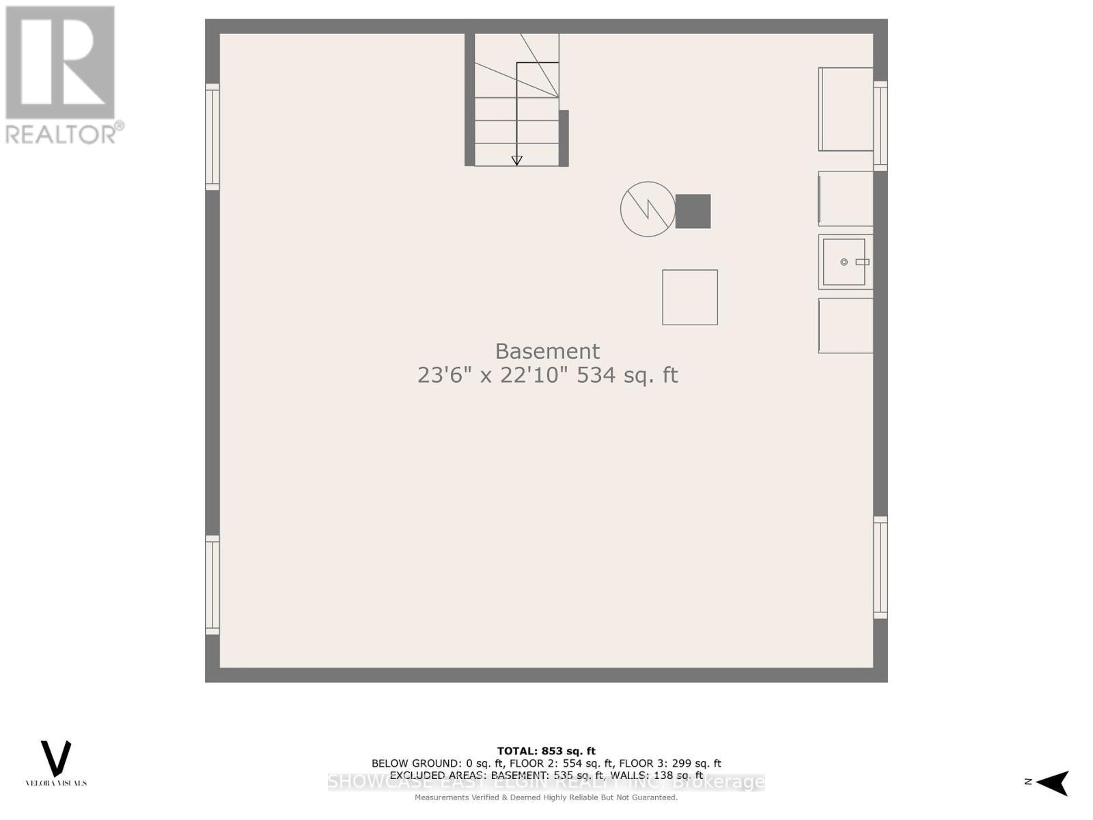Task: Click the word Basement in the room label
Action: click(x=547, y=351)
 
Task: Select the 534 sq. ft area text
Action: click(x=627, y=375)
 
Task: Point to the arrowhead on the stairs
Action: click(x=517, y=161)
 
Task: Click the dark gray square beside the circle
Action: click(x=693, y=211)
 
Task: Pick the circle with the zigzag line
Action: click(x=648, y=209)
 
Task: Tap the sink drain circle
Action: click(x=844, y=262)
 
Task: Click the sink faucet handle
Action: click(x=862, y=262)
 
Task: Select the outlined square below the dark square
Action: click(x=690, y=297)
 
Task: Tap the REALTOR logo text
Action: click(x=65, y=133)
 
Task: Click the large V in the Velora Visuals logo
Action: click(x=56, y=758)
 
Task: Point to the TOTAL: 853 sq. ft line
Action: click(x=546, y=751)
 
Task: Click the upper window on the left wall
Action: click(x=212, y=137)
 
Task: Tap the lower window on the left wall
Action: click(x=212, y=585)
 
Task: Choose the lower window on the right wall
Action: click(x=881, y=568)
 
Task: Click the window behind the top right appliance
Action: click(x=881, y=126)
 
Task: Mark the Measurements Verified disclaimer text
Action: click(x=546, y=797)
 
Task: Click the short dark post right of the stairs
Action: click(x=564, y=138)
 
